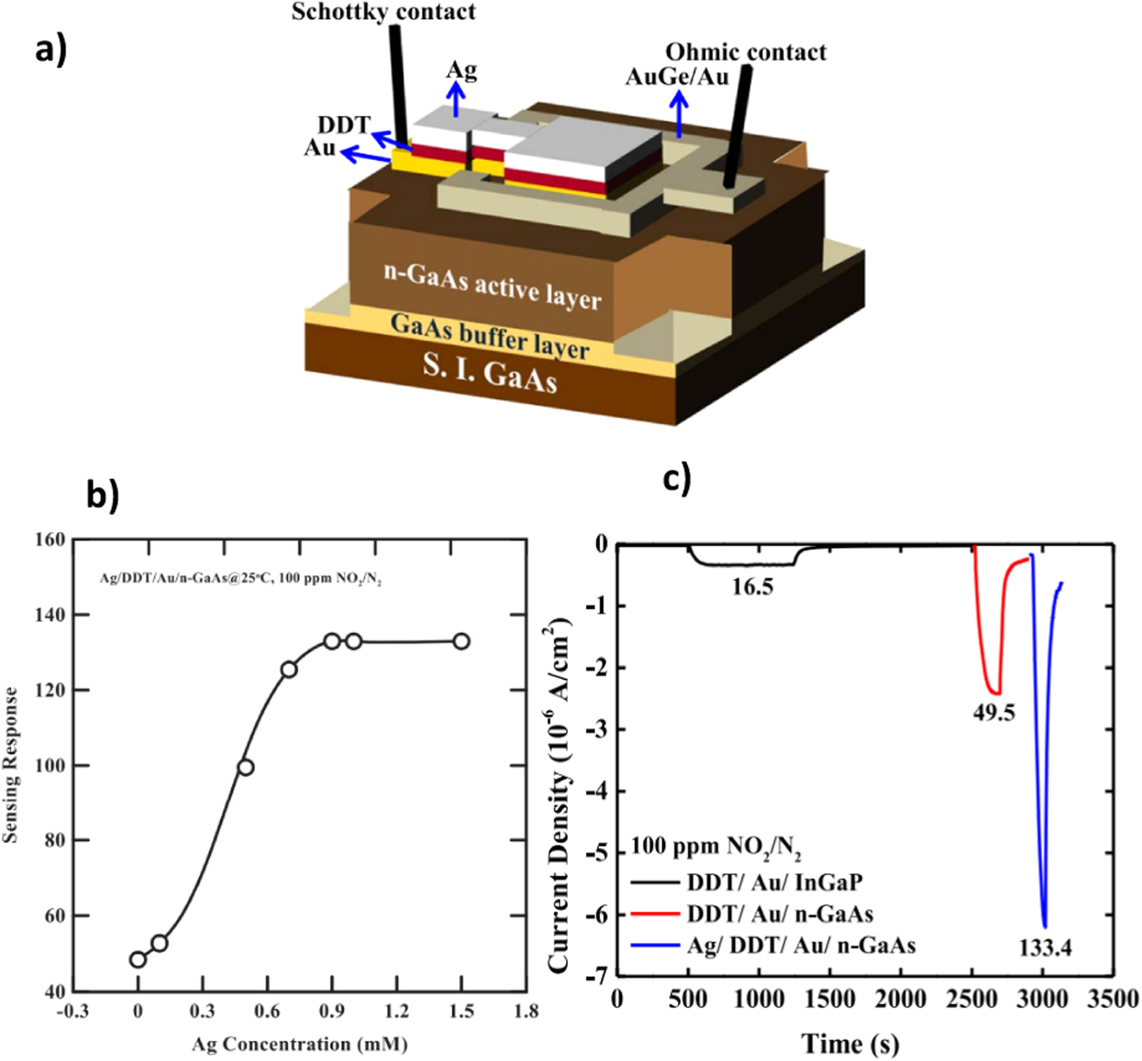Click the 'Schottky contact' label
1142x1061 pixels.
click(x=383, y=12)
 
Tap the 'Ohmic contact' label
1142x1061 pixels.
click(x=745, y=52)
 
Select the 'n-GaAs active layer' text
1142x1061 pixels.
click(x=493, y=285)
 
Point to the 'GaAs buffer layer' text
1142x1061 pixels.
click(x=489, y=338)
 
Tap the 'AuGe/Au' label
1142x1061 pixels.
click(x=678, y=77)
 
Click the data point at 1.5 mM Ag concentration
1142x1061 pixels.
click(x=461, y=641)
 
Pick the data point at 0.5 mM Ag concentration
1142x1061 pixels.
click(x=245, y=767)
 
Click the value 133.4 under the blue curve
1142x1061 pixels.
click(x=1045, y=948)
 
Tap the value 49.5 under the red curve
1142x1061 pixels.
click(x=994, y=713)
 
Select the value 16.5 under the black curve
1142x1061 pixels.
click(x=753, y=587)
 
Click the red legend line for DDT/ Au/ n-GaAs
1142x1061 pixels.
click(x=655, y=914)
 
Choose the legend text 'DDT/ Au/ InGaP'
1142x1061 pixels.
click(x=774, y=882)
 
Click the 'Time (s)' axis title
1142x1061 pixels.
click(x=850, y=1044)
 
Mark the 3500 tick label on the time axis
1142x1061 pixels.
click(x=1113, y=999)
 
